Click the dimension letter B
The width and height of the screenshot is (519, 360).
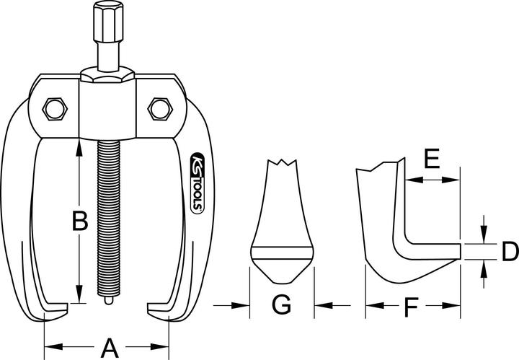click(x=80, y=221)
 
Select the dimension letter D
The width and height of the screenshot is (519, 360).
click(x=510, y=251)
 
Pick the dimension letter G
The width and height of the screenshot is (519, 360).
click(x=282, y=306)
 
